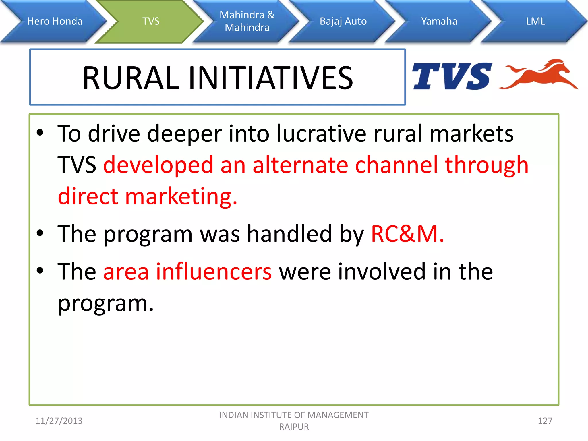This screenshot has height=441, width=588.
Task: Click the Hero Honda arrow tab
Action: coord(55,21)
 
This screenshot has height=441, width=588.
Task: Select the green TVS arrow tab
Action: coord(151,21)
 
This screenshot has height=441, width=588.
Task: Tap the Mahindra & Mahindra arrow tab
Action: coord(247,21)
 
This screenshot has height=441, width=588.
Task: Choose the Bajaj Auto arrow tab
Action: coord(343,21)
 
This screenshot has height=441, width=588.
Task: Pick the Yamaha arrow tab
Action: coord(439,21)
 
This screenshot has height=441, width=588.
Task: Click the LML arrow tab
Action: coord(535,21)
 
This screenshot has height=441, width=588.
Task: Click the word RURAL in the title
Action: coord(131,78)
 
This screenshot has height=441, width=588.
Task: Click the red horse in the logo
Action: coord(540,75)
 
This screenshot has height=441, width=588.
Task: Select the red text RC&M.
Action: coord(407,234)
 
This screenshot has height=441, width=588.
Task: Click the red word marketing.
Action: coord(181,197)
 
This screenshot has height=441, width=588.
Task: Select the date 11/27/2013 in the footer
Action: coord(59,421)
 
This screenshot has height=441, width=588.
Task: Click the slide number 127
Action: coord(545,421)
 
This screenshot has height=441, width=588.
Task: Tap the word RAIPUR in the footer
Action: coord(294,427)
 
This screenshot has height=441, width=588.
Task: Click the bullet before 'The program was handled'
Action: coord(40,233)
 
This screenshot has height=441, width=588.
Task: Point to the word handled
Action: coord(289,234)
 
